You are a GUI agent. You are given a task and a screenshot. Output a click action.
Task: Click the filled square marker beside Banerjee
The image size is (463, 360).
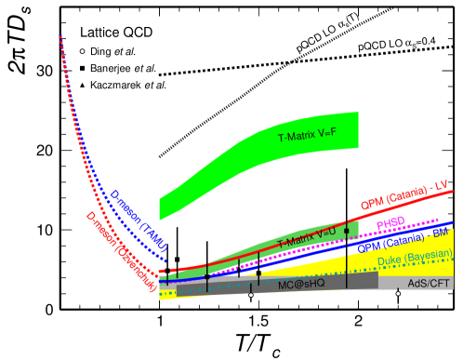pyautogui.click(x=82, y=68)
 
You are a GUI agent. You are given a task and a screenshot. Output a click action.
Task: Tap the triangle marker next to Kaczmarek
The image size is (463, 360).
pyautogui.click(x=82, y=86)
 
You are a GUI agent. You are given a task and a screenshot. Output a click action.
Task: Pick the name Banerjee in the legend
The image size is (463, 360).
pyautogui.click(x=113, y=68)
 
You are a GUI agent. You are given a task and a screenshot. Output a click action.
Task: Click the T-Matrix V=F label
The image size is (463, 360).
pyautogui.click(x=307, y=137)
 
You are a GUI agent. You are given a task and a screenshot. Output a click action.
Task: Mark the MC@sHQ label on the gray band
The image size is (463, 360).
pyautogui.click(x=301, y=284)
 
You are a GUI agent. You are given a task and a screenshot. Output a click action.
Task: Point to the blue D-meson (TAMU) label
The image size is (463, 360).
pyautogui.click(x=139, y=220)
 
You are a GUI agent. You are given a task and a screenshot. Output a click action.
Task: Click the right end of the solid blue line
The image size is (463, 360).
pyautogui.click(x=453, y=223)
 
